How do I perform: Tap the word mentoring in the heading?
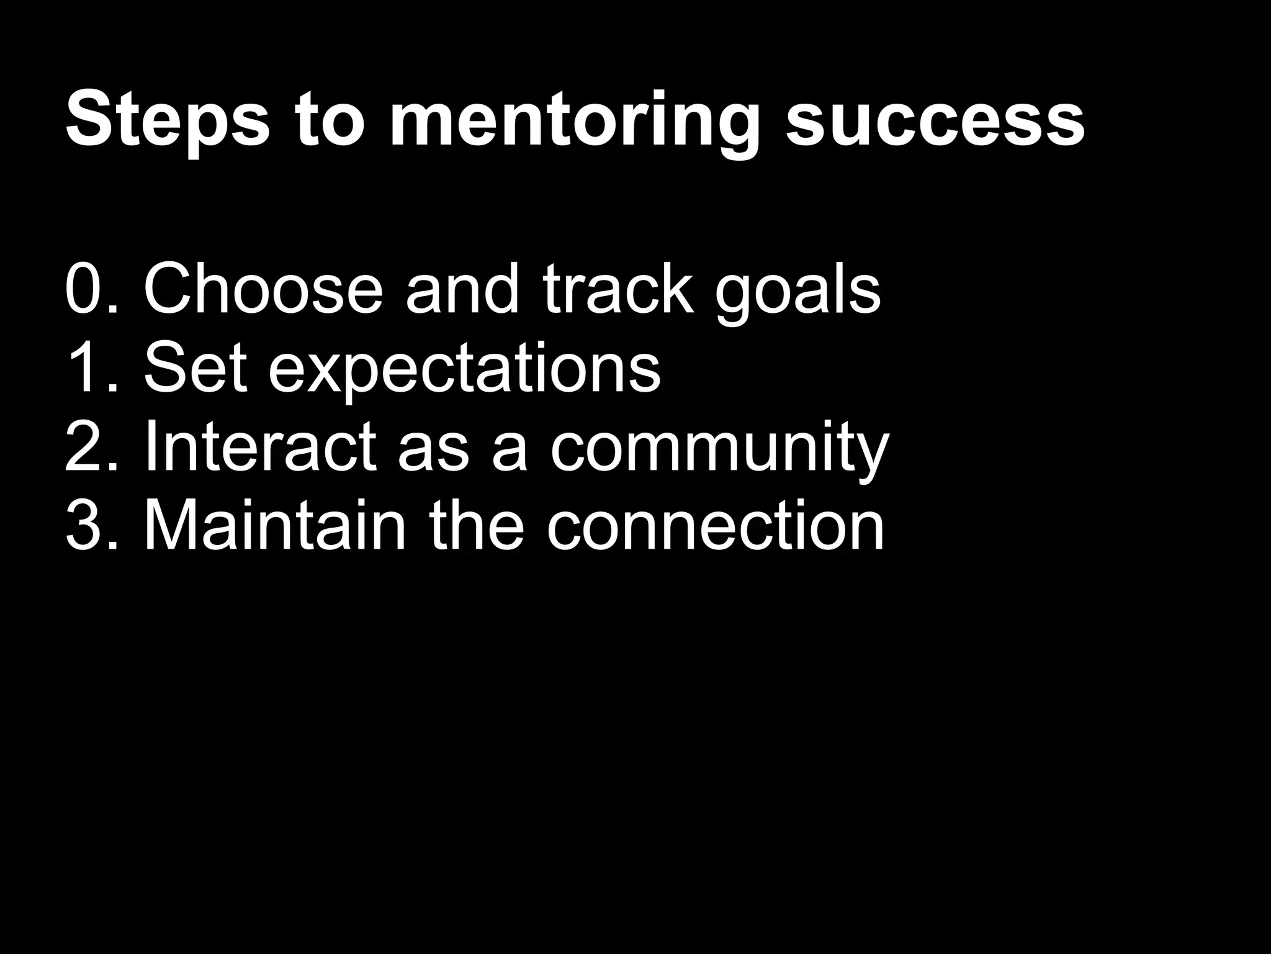(x=574, y=121)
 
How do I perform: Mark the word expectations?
(x=464, y=371)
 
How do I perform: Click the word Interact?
(x=260, y=447)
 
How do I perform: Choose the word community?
(x=719, y=450)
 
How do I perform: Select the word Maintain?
(x=274, y=526)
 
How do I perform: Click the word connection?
(x=715, y=526)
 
